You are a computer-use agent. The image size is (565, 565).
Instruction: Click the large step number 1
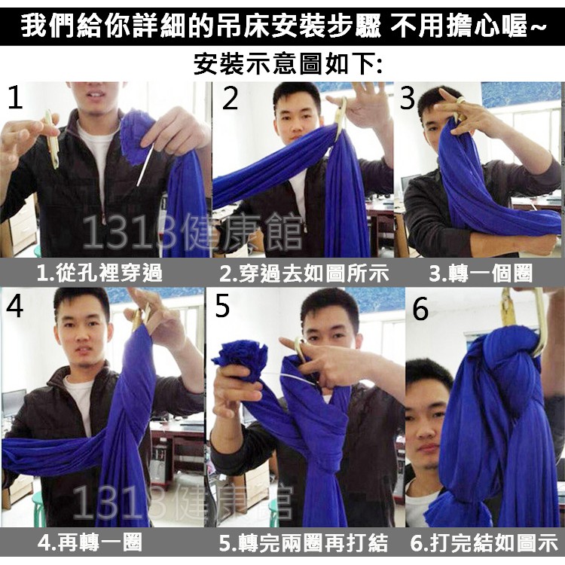pos(16,96)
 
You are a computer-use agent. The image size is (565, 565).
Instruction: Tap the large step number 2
pos(231,98)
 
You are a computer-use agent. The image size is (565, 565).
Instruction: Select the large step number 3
pos(408,98)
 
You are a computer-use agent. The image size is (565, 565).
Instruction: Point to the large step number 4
pos(15,307)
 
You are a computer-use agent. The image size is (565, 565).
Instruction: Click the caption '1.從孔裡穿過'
pos(99,273)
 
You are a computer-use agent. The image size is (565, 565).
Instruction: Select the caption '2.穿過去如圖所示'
pos(304,273)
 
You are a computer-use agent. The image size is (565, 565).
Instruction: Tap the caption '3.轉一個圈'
pos(481,273)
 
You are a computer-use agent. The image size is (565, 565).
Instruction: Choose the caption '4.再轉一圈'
pos(90,542)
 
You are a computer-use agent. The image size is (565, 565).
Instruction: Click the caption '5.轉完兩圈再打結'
pos(304,542)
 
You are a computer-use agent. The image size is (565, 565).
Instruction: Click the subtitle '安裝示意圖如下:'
pos(288,64)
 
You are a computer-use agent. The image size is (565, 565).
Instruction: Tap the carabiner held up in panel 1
pos(52,139)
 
